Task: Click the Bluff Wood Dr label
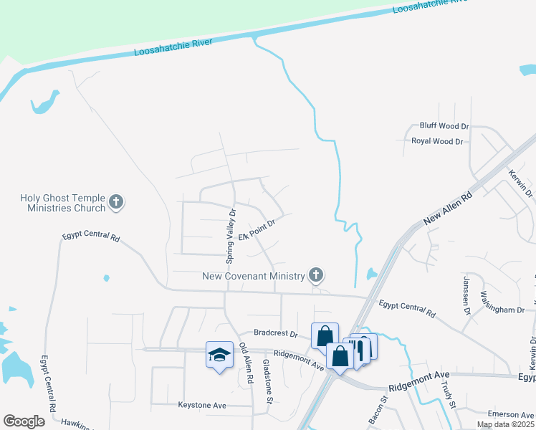(444, 126)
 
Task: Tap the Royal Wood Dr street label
(437, 141)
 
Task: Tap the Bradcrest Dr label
(276, 333)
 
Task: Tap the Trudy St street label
(449, 395)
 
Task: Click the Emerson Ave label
(511, 414)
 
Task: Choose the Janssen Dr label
(467, 295)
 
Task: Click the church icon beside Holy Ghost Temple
(116, 203)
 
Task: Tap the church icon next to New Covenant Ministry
(315, 274)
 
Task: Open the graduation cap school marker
(220, 355)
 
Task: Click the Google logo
(24, 421)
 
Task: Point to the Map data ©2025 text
(506, 424)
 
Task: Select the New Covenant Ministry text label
(254, 275)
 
